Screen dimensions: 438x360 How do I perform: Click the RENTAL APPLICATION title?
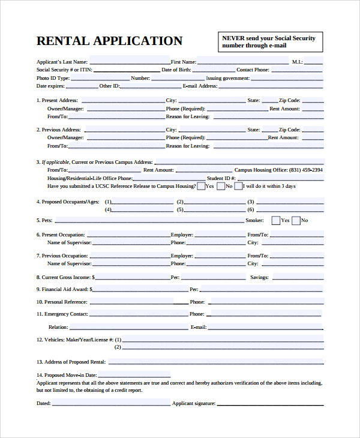click(x=109, y=41)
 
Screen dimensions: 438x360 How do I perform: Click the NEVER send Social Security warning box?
click(x=269, y=41)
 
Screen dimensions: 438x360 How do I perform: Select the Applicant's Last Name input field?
click(x=130, y=61)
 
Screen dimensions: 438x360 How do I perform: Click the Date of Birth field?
click(x=213, y=70)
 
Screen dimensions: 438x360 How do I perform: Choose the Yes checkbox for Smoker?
click(x=275, y=220)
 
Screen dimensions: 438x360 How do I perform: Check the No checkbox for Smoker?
click(x=295, y=220)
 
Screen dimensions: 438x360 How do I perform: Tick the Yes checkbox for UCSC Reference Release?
click(x=201, y=186)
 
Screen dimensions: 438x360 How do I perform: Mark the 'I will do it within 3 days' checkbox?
click(x=239, y=186)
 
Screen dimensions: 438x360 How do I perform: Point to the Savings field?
click(x=298, y=277)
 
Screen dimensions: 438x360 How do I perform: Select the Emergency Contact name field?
click(x=139, y=314)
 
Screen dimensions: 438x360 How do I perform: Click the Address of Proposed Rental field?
click(x=216, y=362)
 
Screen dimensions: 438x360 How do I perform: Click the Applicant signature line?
click(x=270, y=403)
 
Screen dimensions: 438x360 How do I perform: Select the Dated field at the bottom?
click(x=111, y=403)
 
